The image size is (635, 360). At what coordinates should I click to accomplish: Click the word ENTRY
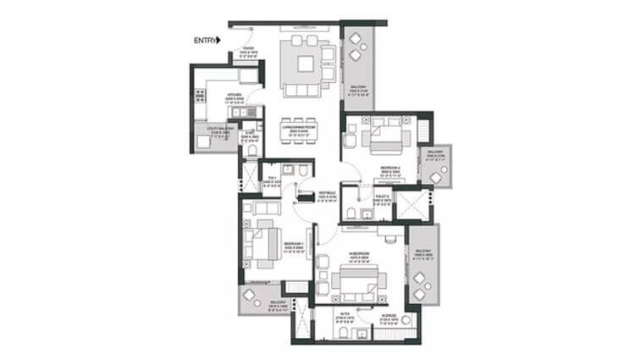coord(204,40)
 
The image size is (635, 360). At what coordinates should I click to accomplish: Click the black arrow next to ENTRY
coord(218,40)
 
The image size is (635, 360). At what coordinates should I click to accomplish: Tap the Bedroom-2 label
coord(389,171)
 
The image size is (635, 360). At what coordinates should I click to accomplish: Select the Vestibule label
coord(327,196)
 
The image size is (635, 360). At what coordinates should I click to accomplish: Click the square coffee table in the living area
coord(302,62)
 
